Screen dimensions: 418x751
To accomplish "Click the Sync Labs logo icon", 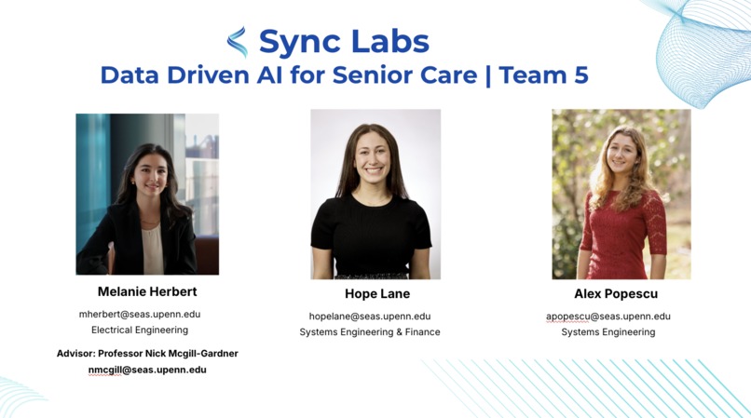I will click(x=238, y=42).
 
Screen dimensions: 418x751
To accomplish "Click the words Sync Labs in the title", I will click(x=344, y=41).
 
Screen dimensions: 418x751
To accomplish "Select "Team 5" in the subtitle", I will click(x=544, y=74).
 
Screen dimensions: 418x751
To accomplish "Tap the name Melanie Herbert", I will click(x=147, y=292).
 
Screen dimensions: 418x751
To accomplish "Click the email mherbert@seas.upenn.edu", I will click(x=140, y=315).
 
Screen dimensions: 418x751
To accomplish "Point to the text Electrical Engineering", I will click(x=140, y=330).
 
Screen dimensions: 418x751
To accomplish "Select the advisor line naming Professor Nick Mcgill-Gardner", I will click(x=147, y=354).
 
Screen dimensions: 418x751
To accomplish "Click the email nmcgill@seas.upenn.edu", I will click(x=147, y=370).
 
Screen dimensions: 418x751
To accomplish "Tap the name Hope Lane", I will click(x=376, y=294).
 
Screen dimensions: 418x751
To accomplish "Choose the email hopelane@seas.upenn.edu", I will click(x=370, y=317).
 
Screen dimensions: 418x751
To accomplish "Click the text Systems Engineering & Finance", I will click(x=370, y=332).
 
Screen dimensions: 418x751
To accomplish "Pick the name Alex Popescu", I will click(x=616, y=294).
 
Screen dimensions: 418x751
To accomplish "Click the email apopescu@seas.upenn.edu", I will click(x=608, y=317).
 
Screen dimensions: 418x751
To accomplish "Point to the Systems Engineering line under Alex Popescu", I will click(x=608, y=332).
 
